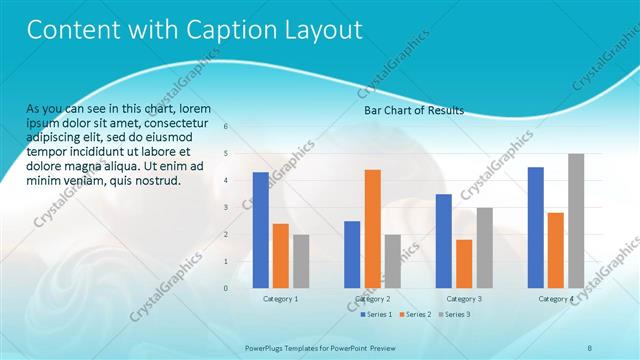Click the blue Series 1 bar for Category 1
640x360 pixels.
260,230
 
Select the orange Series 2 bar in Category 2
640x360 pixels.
372,229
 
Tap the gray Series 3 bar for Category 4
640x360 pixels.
576,221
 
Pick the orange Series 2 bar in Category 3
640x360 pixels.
464,264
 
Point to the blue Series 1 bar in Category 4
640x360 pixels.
536,227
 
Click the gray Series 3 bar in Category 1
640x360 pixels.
301,261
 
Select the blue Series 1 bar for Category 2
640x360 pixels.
352,254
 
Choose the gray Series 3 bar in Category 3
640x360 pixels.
484,248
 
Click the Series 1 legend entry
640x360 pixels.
375,314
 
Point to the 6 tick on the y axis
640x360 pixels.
226,127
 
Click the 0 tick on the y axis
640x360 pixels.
226,288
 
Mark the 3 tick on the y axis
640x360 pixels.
226,208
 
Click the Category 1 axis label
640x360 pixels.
280,299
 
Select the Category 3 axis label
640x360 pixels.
464,299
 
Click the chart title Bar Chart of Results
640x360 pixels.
414,111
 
